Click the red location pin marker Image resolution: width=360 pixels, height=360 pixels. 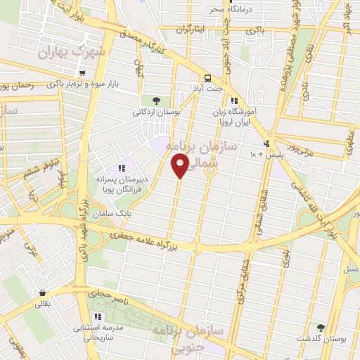click(x=180, y=165)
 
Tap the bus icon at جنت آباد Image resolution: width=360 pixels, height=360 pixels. click(x=207, y=78)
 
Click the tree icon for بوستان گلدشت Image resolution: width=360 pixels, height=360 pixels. click(x=321, y=328)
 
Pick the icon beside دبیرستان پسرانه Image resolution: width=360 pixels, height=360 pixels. click(x=121, y=168)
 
